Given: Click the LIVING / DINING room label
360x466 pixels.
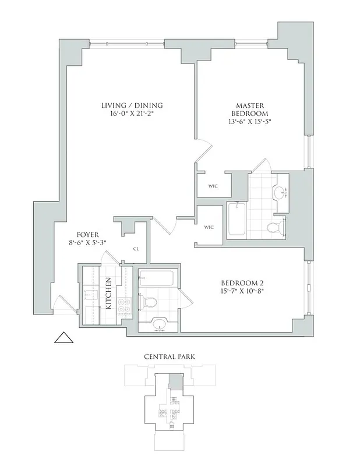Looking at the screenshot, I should point(131,105).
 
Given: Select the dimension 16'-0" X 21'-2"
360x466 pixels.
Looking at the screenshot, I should point(131,115).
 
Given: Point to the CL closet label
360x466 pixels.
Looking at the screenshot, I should point(136,249).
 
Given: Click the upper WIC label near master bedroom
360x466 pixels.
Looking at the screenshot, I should point(213,186).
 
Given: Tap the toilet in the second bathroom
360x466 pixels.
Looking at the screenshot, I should point(147,302).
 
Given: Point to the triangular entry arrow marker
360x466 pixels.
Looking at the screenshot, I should point(62,338).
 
